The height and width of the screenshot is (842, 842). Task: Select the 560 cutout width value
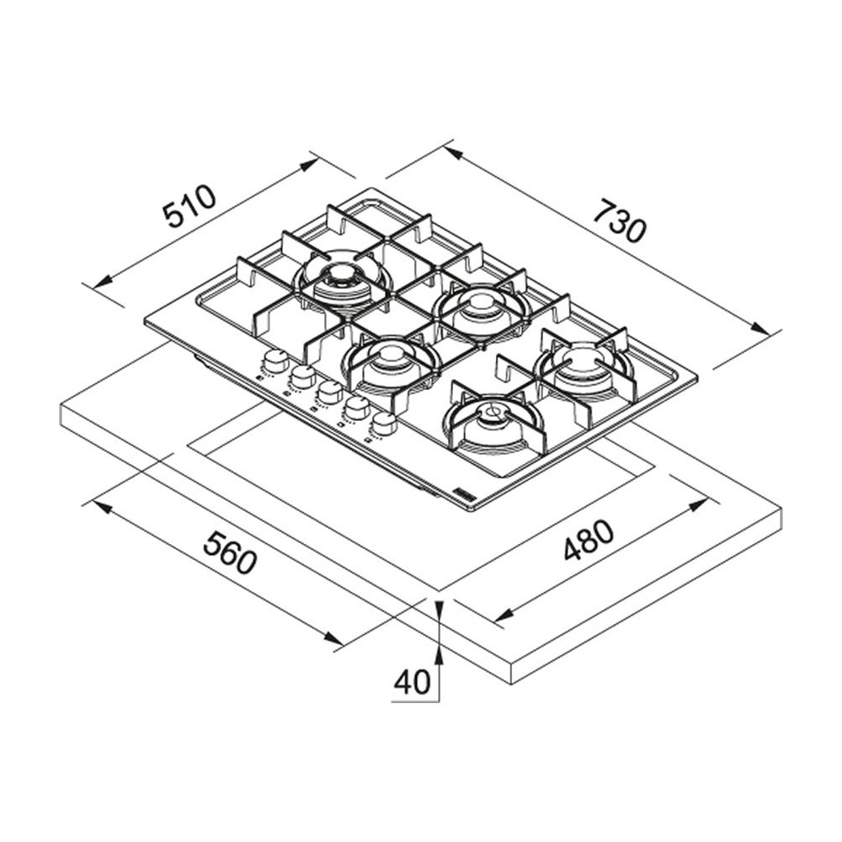pos(229,552)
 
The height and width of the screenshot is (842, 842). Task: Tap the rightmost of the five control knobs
pos(384,424)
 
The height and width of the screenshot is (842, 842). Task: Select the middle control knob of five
pos(329,392)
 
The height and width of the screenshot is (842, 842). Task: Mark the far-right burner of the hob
pos(584,365)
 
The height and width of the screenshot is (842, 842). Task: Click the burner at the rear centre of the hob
pos(480,303)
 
